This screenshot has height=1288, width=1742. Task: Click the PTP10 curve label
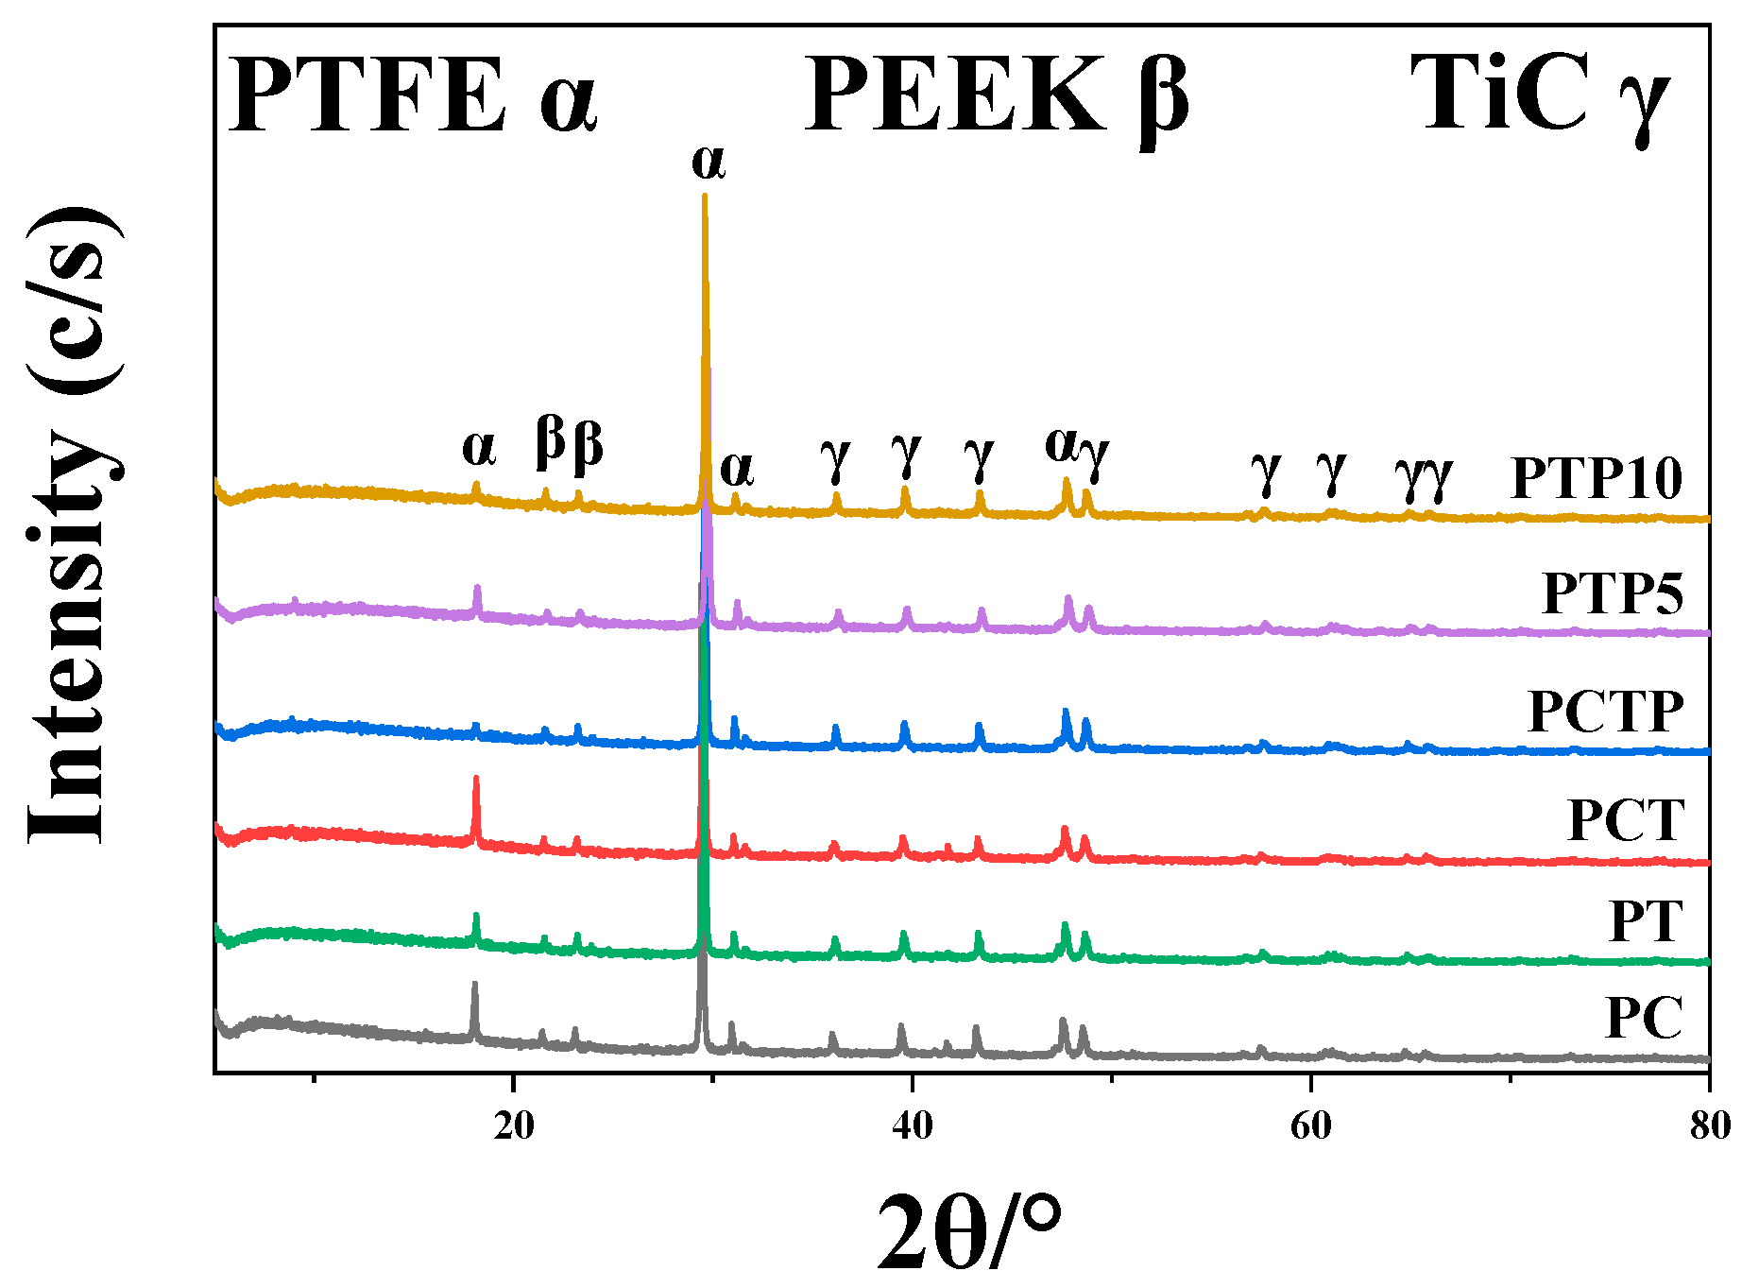(x=1597, y=478)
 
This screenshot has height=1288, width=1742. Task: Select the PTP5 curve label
(x=1613, y=593)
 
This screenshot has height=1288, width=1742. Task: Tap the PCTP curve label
(x=1606, y=712)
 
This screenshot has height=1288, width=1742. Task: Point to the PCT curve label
(x=1626, y=819)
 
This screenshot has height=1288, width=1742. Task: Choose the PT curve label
(x=1646, y=921)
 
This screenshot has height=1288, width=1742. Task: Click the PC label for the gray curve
(x=1644, y=1018)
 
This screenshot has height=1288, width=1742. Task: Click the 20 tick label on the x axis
(x=513, y=1125)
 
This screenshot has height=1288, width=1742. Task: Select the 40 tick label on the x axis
(x=912, y=1125)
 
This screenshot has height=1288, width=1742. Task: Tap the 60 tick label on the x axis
(x=1310, y=1125)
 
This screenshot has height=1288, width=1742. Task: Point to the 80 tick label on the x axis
(x=1708, y=1125)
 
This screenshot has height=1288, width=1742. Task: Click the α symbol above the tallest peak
(x=708, y=163)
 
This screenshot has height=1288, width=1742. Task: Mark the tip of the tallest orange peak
(x=705, y=197)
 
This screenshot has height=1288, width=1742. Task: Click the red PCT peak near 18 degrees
(x=476, y=781)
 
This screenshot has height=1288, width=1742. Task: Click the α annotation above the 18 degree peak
(x=479, y=448)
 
